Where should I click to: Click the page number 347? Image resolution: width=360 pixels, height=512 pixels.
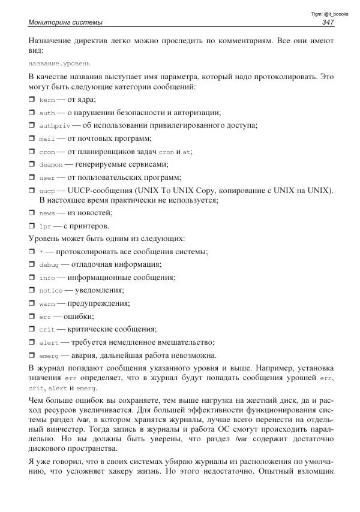coord(328,23)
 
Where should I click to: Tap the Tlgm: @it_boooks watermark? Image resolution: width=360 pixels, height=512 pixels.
coord(328,13)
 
